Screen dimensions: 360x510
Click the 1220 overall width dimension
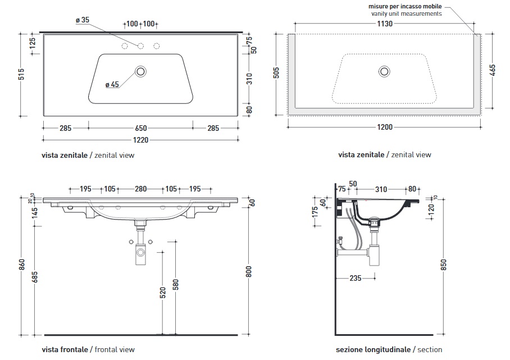click(142, 140)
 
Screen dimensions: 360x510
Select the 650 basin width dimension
click(142, 127)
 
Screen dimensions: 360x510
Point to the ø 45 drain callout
click(112, 85)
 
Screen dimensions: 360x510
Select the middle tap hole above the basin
click(140, 45)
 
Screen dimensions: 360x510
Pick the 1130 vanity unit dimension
click(385, 24)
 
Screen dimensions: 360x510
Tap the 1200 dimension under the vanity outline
click(385, 127)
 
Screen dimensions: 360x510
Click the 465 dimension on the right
click(493, 70)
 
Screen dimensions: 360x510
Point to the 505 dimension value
click(276, 73)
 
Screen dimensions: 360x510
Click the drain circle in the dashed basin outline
click(385, 71)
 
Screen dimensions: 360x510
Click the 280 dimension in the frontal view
click(140, 189)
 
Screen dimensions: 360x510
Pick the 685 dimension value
click(35, 277)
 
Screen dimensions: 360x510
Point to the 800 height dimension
click(249, 271)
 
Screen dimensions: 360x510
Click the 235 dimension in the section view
click(355, 277)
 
